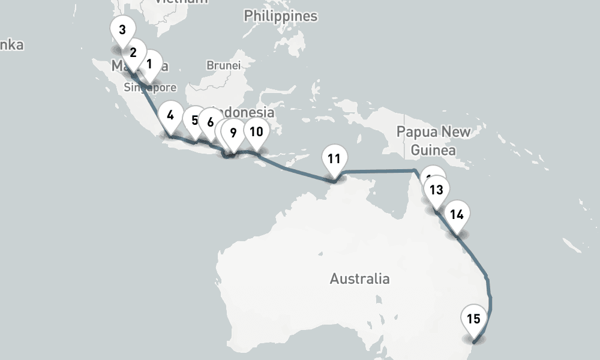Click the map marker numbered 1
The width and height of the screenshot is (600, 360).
[150, 62]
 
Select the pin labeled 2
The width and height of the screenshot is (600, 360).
[133, 52]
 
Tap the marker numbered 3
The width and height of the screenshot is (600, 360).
[122, 30]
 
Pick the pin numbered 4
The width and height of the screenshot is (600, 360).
[171, 115]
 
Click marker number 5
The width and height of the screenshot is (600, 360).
[194, 120]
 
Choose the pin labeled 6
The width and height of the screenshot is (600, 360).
[210, 122]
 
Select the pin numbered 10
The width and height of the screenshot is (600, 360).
[256, 131]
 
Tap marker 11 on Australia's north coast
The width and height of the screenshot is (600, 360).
[334, 159]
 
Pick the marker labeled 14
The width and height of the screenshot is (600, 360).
[457, 214]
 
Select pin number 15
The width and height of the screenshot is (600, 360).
[473, 319]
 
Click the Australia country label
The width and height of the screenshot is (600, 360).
[359, 278]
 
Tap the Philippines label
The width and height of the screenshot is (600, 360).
[280, 16]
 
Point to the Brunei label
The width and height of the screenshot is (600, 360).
[223, 65]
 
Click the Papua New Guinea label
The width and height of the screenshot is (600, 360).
[434, 140]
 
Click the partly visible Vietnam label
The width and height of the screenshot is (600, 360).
[181, 2]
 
